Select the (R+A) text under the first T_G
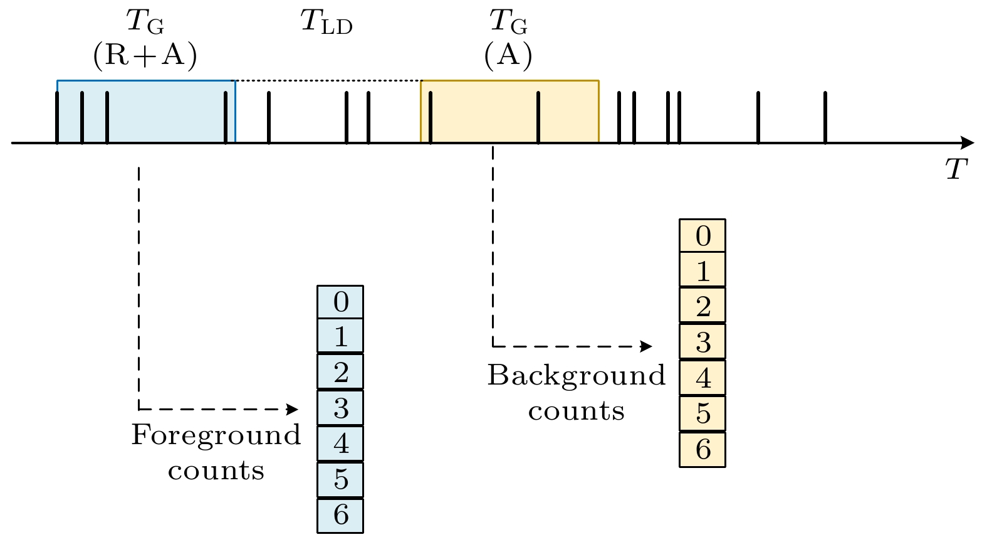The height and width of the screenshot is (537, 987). click(145, 55)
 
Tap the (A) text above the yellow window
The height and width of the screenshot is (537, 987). click(508, 55)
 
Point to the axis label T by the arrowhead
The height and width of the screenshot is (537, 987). click(956, 169)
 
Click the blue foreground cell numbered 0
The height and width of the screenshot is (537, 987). click(340, 302)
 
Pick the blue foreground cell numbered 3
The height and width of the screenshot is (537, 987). click(340, 408)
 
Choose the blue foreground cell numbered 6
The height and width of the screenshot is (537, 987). click(340, 515)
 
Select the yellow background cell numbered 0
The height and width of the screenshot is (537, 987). click(702, 236)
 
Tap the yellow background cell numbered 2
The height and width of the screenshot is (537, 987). click(702, 306)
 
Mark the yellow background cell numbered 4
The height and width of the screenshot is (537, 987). click(702, 378)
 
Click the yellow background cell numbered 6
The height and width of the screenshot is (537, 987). click(702, 449)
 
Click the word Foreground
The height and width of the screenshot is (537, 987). click(216, 435)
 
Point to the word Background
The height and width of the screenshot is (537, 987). click(577, 376)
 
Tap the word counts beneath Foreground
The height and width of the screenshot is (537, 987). click(216, 471)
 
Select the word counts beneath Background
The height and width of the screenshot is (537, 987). click(577, 412)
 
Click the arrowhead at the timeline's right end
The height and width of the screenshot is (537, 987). click(968, 143)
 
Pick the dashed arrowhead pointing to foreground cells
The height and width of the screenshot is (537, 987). click(292, 410)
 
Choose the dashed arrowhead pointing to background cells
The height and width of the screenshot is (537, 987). click(646, 346)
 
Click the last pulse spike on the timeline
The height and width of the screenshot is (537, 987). click(825, 118)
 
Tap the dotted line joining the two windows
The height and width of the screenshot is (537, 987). click(328, 81)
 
